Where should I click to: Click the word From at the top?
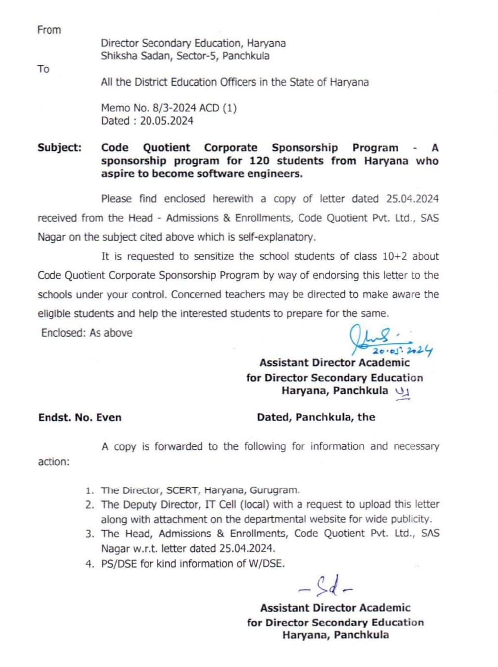[49, 30]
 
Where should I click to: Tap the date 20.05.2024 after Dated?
[166, 121]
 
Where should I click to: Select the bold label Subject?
[59, 147]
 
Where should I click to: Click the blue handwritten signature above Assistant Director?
[376, 336]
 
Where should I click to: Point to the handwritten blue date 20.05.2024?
[402, 351]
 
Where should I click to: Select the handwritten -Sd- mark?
[327, 586]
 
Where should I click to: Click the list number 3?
[89, 534]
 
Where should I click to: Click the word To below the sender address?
[43, 69]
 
